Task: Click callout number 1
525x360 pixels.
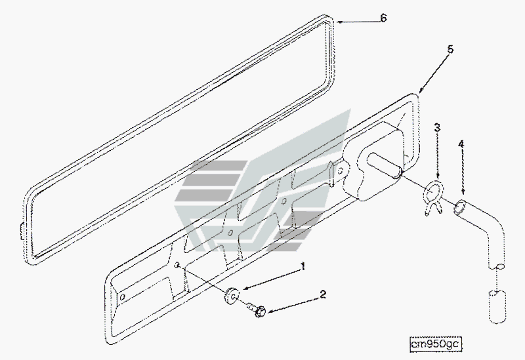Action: [303, 267]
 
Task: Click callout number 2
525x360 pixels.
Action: [323, 294]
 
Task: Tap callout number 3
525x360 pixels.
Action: [437, 127]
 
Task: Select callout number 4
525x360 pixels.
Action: [461, 144]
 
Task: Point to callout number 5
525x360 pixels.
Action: [450, 50]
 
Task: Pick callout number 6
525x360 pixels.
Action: [384, 18]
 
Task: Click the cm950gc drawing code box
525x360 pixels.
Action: [436, 344]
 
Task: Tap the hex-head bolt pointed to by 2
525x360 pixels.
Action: [257, 310]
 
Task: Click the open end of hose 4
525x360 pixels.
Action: [459, 207]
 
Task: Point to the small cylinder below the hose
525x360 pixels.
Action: [497, 307]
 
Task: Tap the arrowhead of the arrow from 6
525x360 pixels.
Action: [339, 22]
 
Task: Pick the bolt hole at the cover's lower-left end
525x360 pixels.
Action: [123, 297]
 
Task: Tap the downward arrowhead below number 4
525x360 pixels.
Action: [463, 191]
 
